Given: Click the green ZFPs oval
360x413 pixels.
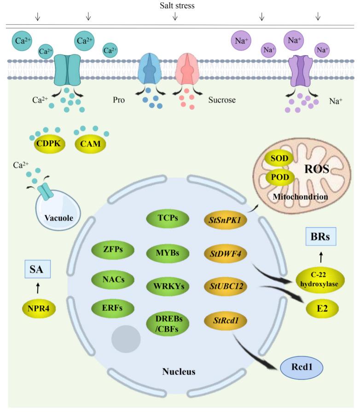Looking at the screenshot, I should click(x=110, y=250).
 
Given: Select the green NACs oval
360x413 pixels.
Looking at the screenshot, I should click(x=110, y=279).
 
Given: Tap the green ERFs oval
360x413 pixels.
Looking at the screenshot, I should click(x=110, y=308).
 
